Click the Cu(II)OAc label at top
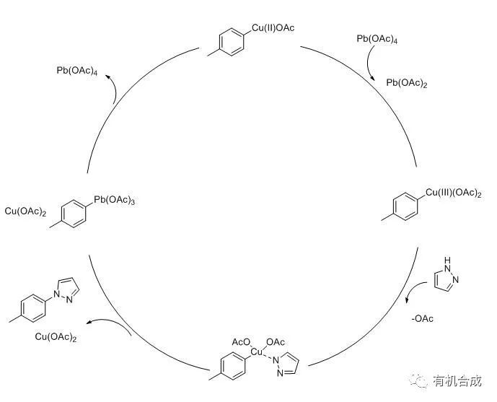pyautogui.click(x=273, y=28)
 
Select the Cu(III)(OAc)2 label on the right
pyautogui.click(x=454, y=192)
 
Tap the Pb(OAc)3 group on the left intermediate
pyautogui.click(x=114, y=200)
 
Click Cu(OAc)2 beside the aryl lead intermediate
pyautogui.click(x=27, y=211)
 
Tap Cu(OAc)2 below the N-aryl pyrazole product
pyautogui.click(x=56, y=337)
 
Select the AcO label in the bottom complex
pyautogui.click(x=240, y=341)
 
